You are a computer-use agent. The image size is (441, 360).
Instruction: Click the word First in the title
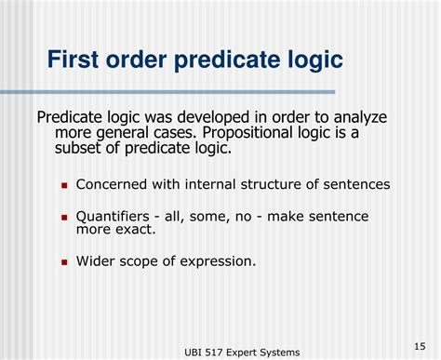pos(78,60)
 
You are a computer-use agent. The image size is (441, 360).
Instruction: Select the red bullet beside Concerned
pos(65,184)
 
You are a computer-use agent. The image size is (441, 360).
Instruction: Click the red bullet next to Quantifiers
pos(65,217)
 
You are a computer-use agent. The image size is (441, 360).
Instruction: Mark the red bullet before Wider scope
pos(65,261)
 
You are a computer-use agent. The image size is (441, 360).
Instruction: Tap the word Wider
pos(97,260)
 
